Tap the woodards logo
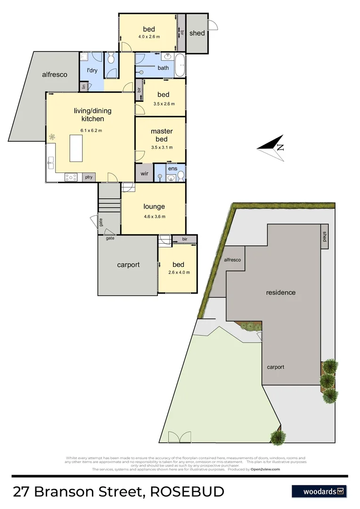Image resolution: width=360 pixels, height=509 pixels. tap(319, 491)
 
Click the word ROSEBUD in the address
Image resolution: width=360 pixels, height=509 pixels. tap(187, 492)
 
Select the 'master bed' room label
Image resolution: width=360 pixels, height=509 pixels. tap(162, 135)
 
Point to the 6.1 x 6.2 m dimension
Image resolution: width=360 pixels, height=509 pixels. tap(91, 131)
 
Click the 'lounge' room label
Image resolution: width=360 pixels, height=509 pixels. tap(154, 206)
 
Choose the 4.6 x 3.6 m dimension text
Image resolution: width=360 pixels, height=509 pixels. tap(154, 217)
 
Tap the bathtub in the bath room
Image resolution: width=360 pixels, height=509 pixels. tap(180, 66)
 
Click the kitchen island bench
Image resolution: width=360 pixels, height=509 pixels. tap(77, 148)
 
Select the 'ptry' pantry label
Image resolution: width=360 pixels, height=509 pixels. tap(88, 177)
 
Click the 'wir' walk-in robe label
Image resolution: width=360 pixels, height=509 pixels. tap(145, 173)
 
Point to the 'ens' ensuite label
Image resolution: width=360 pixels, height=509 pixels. tap(172, 168)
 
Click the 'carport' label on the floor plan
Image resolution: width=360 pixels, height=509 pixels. tap(128, 265)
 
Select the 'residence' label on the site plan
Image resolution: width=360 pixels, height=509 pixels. tap(281, 292)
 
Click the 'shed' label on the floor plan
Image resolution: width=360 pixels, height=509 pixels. tap(197, 33)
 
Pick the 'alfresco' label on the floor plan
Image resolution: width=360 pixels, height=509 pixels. tap(55, 74)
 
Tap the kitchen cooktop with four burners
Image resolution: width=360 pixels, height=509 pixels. tap(71, 177)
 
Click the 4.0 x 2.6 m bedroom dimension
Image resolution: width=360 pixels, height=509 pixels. tap(149, 37)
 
